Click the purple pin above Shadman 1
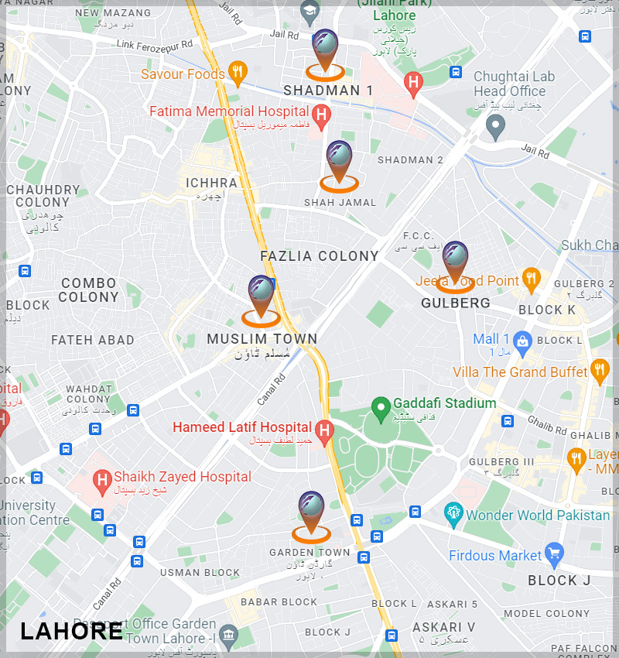(x=324, y=46)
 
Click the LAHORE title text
(x=71, y=631)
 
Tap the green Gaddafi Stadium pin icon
(x=380, y=406)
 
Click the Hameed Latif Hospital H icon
(x=325, y=429)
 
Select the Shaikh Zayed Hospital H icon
(x=101, y=479)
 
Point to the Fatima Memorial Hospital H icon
(x=322, y=113)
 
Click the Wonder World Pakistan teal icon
(x=453, y=514)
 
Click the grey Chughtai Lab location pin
(x=495, y=125)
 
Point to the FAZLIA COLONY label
(x=320, y=256)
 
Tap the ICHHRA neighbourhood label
(x=211, y=183)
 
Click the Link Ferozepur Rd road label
(x=155, y=45)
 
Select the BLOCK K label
(x=547, y=310)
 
